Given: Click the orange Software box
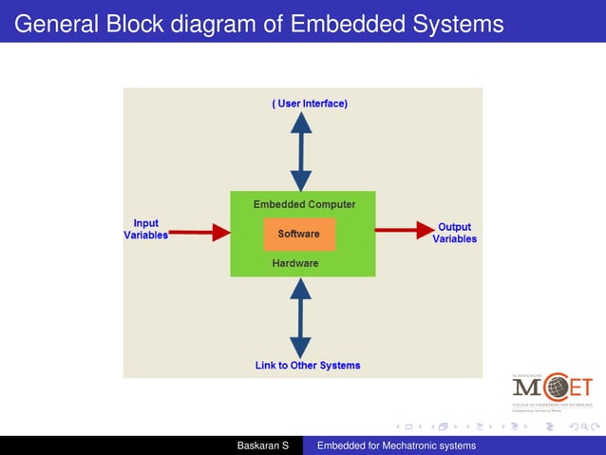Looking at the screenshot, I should click(298, 234).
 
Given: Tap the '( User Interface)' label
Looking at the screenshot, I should click(310, 103).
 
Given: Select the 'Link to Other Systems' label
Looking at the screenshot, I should click(308, 365).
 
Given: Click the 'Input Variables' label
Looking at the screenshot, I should click(145, 229).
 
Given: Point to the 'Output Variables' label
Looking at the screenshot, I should click(455, 233).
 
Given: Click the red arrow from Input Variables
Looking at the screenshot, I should click(199, 231).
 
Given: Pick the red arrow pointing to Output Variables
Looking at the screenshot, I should click(404, 229).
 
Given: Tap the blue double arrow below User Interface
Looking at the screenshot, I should click(301, 151).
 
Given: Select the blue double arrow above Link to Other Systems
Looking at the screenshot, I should click(301, 318).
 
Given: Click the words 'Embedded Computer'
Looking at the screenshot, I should click(304, 204).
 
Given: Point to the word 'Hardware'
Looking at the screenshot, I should click(295, 263).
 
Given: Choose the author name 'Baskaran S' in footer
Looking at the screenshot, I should click(262, 446).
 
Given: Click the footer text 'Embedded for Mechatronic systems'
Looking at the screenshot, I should click(396, 446).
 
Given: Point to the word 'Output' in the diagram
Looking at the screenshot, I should click(455, 227).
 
